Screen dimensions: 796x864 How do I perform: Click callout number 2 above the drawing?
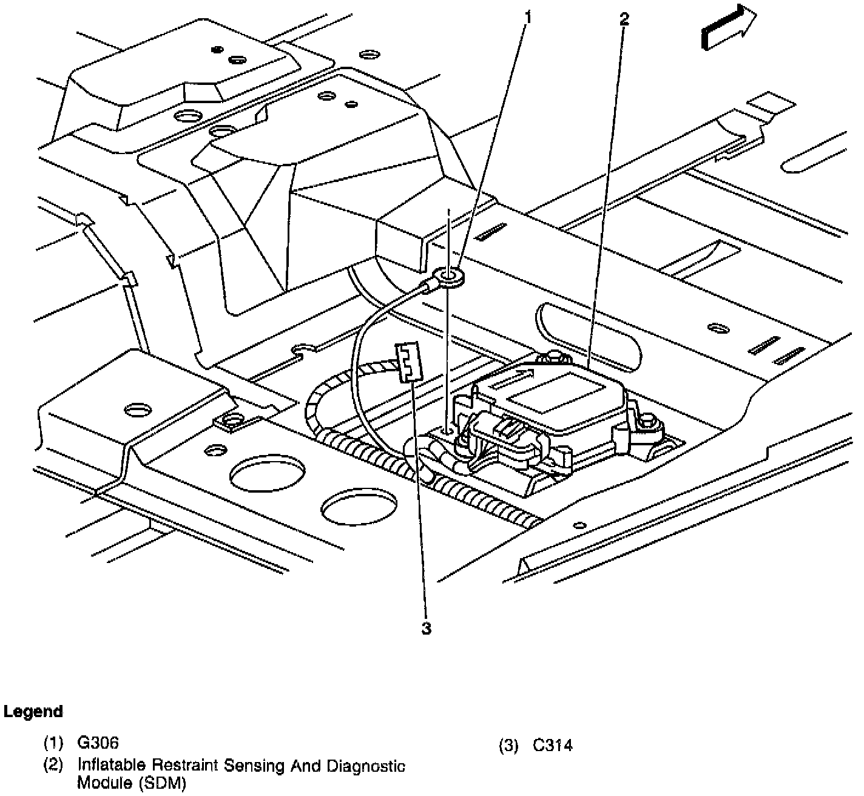click(624, 19)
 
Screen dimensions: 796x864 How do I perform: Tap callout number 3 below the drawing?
click(427, 629)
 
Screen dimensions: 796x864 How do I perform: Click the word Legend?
click(33, 711)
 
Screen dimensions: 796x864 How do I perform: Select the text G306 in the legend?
click(98, 743)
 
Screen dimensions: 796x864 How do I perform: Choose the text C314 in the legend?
click(552, 745)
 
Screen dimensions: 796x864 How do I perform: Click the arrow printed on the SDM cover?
click(513, 381)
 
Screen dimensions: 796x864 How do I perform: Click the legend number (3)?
click(508, 745)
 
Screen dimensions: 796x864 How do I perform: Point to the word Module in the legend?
click(98, 783)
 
